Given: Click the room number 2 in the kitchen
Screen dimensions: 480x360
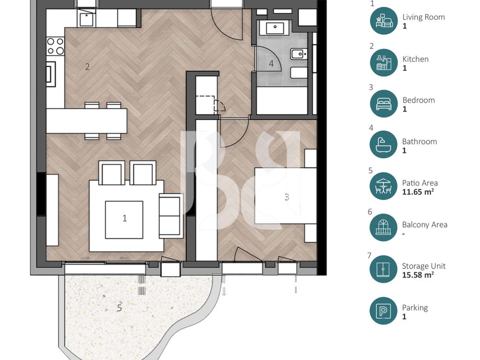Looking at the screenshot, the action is point(88,67).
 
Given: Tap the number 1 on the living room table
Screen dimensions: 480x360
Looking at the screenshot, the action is point(125,218).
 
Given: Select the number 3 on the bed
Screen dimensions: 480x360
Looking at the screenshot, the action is point(287,197).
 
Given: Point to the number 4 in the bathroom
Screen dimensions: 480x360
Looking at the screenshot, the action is point(271,64).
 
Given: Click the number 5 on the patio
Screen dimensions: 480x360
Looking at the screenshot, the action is point(120,308).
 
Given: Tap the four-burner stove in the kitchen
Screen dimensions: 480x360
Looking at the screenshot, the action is point(55,46).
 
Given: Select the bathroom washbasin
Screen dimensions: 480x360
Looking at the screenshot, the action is point(275,28).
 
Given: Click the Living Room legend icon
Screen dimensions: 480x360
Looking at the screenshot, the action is point(383,21).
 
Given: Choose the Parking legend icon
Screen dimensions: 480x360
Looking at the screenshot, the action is point(383,311).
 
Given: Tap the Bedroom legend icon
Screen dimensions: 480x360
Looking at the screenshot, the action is point(383,104).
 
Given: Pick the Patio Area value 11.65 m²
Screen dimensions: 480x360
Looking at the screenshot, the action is point(418,192).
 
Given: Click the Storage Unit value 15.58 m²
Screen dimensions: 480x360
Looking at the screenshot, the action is point(418,275).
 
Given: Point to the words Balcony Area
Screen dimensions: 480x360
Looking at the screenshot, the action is point(425,225).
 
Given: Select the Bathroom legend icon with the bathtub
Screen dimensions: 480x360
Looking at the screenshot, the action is point(383,144).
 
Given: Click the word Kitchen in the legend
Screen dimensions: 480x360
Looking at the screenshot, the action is point(415,59).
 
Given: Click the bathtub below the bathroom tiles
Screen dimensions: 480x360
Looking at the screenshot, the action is point(282,101).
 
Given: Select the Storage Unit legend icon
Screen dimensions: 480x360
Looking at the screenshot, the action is point(383,269).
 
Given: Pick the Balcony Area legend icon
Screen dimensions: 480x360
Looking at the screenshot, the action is point(383,227).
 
